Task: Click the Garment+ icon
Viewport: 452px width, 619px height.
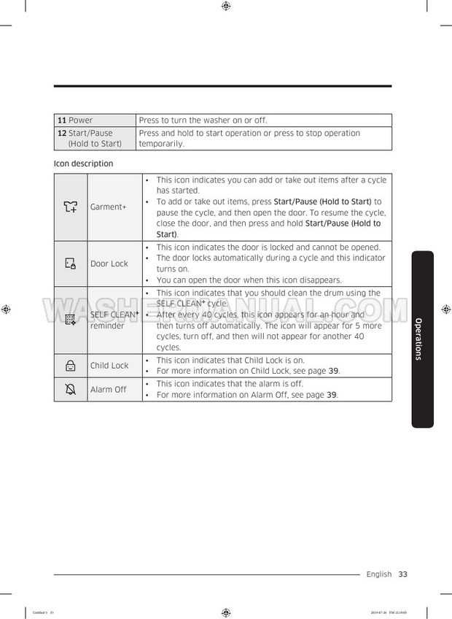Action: point(70,207)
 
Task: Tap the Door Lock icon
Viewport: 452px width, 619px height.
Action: point(70,264)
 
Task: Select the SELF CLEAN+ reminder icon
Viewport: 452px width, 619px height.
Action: point(70,320)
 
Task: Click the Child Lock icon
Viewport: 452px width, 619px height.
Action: point(70,366)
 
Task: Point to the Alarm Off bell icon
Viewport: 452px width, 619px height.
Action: point(70,389)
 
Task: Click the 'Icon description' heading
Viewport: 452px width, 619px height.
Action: point(83,164)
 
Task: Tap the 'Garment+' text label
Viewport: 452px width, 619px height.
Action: point(108,207)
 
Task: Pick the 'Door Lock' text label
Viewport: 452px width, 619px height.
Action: point(109,264)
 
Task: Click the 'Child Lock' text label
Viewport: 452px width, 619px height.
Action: point(109,366)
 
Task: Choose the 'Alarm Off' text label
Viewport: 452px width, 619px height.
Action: point(108,390)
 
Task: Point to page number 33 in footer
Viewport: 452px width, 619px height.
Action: point(403,574)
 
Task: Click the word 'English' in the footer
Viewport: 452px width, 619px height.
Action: point(379,574)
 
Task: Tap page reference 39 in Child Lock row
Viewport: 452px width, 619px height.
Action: point(333,371)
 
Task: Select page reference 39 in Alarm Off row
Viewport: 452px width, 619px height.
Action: point(332,395)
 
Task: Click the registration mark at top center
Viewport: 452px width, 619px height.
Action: point(226,6)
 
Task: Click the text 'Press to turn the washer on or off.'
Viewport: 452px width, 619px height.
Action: point(203,120)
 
